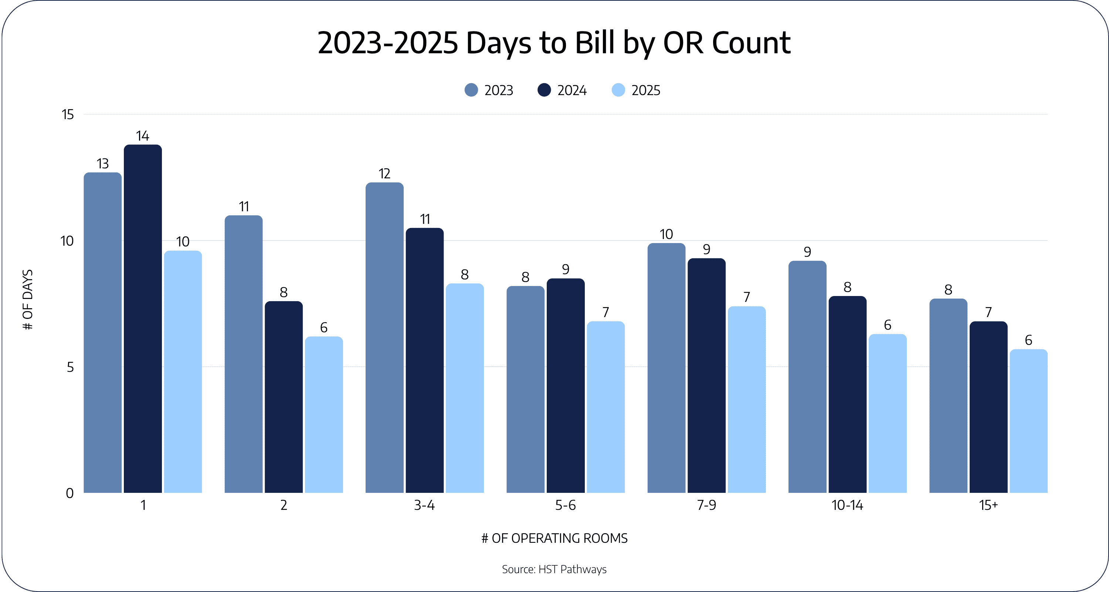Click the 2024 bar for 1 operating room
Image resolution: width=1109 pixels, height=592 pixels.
(x=143, y=319)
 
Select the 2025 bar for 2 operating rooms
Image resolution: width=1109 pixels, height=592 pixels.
(x=324, y=414)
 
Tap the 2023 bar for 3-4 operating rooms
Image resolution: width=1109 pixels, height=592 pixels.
(x=384, y=338)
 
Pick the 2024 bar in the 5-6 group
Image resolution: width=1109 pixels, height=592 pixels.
(x=566, y=386)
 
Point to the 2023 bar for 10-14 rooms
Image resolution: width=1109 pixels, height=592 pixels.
(x=807, y=377)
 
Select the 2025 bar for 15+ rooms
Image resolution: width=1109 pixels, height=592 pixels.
(x=1028, y=421)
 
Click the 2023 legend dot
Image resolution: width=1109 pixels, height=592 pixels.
(x=471, y=90)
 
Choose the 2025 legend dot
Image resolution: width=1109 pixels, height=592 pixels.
(x=618, y=90)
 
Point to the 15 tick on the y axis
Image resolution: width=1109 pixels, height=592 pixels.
(x=68, y=115)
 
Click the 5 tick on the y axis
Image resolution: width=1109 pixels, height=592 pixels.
(x=70, y=367)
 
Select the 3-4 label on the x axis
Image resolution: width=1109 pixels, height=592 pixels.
(x=424, y=505)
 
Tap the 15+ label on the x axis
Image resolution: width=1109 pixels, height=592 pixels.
(x=988, y=505)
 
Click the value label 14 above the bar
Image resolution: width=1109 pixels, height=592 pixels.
(x=142, y=136)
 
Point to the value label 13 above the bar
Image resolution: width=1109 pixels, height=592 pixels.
(x=102, y=164)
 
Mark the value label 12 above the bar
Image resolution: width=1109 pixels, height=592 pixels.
(x=384, y=174)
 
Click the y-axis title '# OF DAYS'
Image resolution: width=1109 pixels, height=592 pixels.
(x=28, y=300)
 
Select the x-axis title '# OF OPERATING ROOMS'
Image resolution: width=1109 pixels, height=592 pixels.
(x=554, y=538)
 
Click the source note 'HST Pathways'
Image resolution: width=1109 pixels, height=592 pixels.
(x=573, y=569)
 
